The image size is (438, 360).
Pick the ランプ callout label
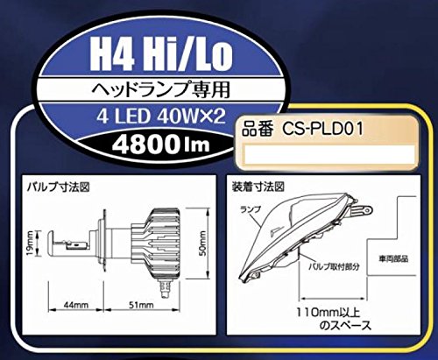pyautogui.click(x=251, y=210)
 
